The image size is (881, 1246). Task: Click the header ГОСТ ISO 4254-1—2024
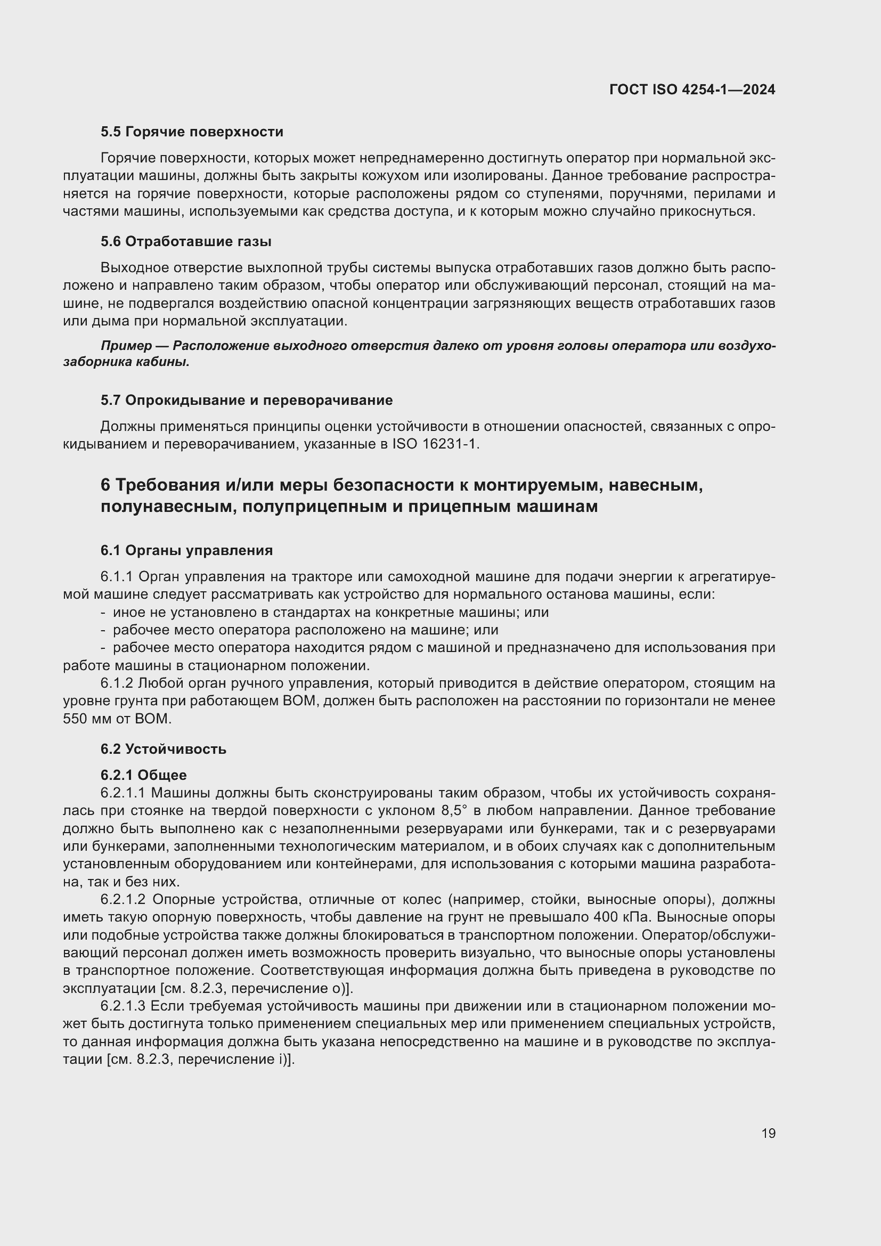(692, 89)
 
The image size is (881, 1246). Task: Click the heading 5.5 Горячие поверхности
(192, 132)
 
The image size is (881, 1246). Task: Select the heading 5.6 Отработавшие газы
(186, 241)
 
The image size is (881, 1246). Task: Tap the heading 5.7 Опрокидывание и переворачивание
(247, 400)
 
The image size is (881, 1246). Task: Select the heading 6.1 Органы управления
(186, 550)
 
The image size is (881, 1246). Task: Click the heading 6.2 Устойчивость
(164, 749)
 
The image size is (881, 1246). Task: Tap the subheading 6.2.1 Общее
(143, 775)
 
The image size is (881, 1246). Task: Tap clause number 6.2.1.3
(123, 1006)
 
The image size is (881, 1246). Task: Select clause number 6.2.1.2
(123, 900)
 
